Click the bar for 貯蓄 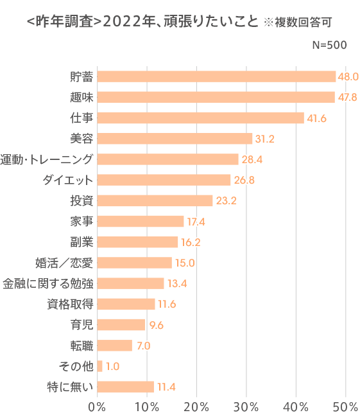tap(216, 76)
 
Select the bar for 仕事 tap(200, 118)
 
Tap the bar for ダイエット tap(164, 180)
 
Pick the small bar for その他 tap(99, 366)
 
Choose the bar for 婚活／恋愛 tap(134, 262)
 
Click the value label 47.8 tap(347, 97)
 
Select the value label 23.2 tap(225, 200)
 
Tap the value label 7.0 tap(144, 346)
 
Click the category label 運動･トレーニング tap(47, 159)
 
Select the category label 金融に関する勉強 tap(47, 283)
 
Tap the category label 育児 tap(81, 324)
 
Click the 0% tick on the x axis tap(97, 405)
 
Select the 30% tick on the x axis tap(246, 405)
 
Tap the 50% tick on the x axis tap(345, 405)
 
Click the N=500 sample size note tap(329, 45)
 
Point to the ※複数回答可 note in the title tap(298, 22)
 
